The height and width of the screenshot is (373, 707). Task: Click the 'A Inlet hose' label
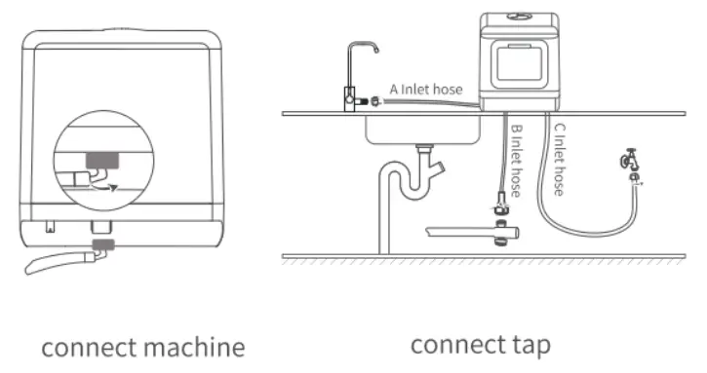click(425, 91)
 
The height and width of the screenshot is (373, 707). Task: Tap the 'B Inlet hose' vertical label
click(516, 160)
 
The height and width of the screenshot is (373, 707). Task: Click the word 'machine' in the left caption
click(194, 348)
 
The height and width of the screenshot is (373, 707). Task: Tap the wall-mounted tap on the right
click(629, 162)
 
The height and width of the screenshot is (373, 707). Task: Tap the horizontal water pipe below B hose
click(468, 232)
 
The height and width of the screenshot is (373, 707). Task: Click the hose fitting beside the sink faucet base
click(364, 98)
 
